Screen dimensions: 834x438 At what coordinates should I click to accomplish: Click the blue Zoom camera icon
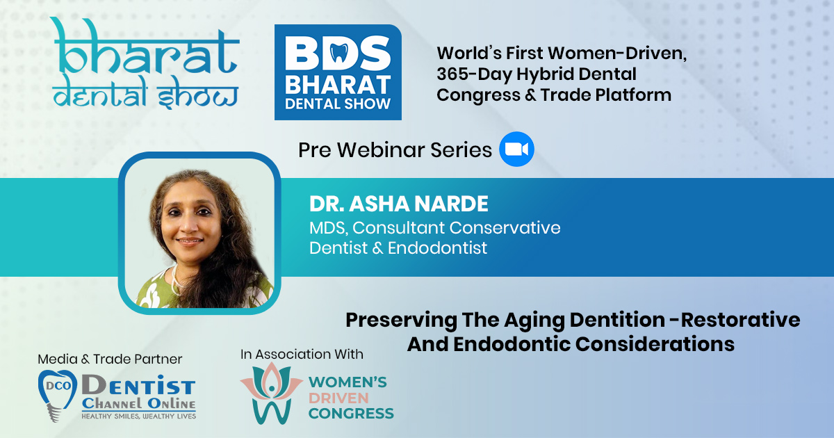pyautogui.click(x=516, y=149)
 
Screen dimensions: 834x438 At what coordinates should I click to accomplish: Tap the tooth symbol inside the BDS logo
pyautogui.click(x=339, y=53)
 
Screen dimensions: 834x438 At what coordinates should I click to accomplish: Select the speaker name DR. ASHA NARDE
pyautogui.click(x=399, y=204)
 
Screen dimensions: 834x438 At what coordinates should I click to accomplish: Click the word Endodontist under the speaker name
pyautogui.click(x=437, y=248)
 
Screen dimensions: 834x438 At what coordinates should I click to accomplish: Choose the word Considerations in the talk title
pyautogui.click(x=655, y=343)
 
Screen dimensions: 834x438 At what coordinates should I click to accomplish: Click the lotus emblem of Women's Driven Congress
pyautogui.click(x=272, y=393)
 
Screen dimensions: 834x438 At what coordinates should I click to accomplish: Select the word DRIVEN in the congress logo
pyautogui.click(x=338, y=398)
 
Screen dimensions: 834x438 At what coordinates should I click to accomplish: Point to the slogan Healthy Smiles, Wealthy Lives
pyautogui.click(x=139, y=416)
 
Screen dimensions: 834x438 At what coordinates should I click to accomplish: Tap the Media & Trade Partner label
pyautogui.click(x=110, y=359)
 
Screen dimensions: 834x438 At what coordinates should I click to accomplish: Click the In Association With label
pyautogui.click(x=302, y=354)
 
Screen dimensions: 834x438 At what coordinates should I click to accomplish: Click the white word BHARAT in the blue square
pyautogui.click(x=338, y=85)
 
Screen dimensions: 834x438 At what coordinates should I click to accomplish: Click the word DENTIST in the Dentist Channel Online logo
pyautogui.click(x=138, y=384)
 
